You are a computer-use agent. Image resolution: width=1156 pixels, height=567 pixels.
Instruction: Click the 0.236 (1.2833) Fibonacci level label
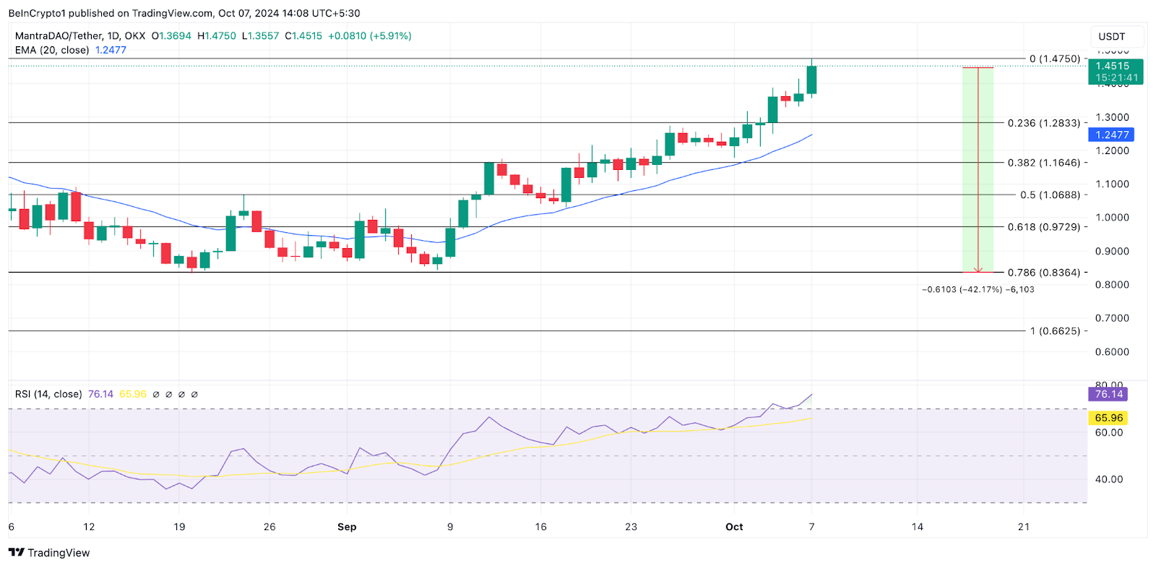point(1044,123)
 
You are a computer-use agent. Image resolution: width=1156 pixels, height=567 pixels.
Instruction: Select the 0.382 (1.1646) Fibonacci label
point(1044,163)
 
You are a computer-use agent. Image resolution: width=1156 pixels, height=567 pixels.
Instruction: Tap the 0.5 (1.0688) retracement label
point(1050,195)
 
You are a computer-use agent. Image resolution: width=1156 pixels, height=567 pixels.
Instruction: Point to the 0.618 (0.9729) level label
point(1044,226)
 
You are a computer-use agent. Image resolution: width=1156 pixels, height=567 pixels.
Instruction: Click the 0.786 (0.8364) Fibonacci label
point(1044,273)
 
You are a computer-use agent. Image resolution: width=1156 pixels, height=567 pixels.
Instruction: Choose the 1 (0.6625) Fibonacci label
point(1055,331)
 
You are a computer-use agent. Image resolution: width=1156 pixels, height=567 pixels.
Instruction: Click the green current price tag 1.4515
point(1116,71)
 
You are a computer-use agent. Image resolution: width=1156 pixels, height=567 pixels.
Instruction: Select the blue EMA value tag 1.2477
point(1111,135)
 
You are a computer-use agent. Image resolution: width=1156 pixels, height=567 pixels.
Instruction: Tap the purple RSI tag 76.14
point(1108,394)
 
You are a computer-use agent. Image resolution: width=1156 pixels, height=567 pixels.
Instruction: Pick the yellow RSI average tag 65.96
point(1108,418)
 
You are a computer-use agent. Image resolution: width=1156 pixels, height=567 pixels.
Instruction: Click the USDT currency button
point(1111,37)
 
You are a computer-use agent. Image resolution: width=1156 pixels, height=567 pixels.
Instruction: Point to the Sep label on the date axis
point(347,526)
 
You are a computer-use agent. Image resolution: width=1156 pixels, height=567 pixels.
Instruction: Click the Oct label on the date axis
point(734,526)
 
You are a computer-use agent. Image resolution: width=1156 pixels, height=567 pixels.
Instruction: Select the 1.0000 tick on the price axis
point(1112,218)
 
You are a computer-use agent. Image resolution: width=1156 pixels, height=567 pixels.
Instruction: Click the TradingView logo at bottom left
point(49,553)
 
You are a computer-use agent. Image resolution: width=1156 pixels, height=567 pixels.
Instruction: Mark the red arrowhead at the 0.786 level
point(978,270)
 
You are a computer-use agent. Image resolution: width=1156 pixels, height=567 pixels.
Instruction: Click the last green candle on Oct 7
point(811,80)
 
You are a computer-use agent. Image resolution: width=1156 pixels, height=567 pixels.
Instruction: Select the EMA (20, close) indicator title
point(52,50)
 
